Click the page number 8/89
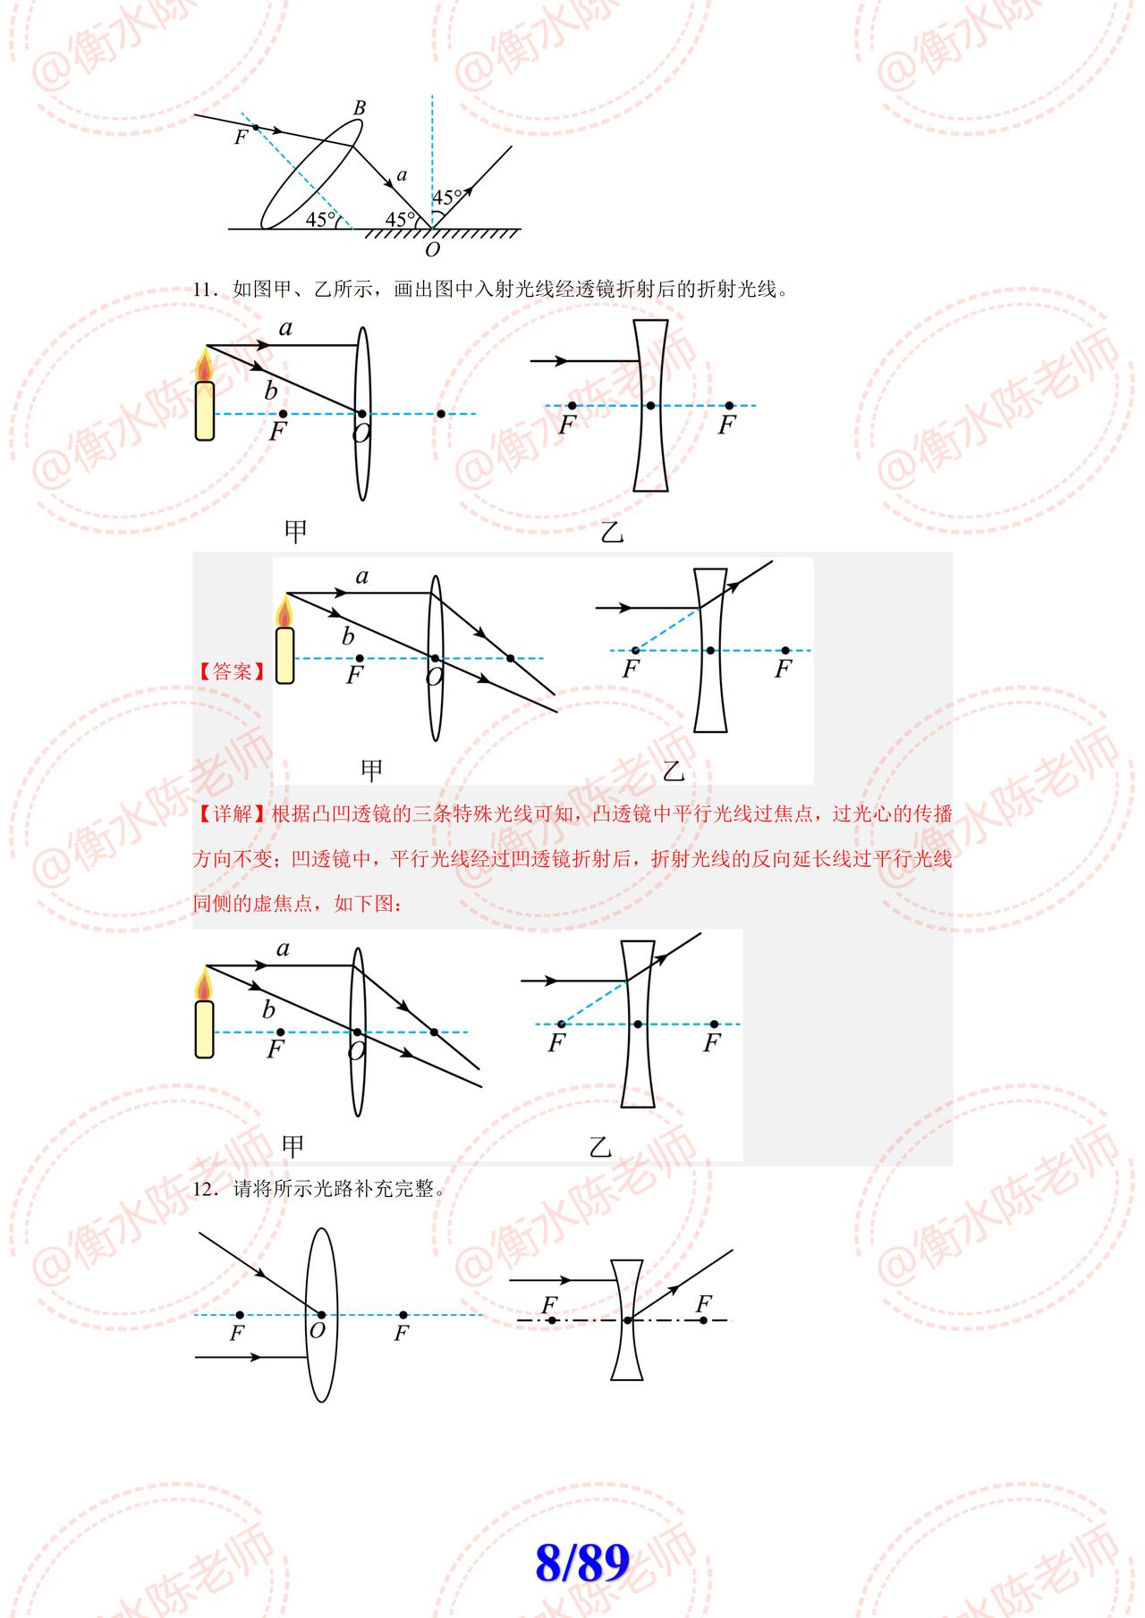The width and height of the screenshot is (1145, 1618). click(x=582, y=1563)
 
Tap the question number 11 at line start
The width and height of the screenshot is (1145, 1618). click(x=205, y=290)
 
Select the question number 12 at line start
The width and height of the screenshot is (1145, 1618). click(x=205, y=1190)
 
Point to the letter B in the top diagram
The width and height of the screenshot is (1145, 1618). click(x=360, y=108)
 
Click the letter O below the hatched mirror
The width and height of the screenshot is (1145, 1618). click(x=433, y=250)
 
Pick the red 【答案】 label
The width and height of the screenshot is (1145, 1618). click(x=232, y=671)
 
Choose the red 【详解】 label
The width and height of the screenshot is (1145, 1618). click(x=232, y=814)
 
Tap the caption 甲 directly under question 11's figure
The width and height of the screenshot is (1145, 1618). click(x=295, y=532)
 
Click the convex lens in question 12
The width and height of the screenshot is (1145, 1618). click(x=321, y=1314)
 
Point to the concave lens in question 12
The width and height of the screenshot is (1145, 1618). click(x=627, y=1320)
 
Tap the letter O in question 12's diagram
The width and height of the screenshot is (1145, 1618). click(x=317, y=1330)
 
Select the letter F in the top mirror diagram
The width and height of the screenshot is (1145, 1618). click(x=240, y=138)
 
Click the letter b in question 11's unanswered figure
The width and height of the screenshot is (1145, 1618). click(x=270, y=391)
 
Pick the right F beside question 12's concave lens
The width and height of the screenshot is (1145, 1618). click(x=704, y=1304)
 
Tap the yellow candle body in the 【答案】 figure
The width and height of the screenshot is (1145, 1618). click(x=284, y=655)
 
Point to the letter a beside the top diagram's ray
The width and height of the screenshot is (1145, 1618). click(x=401, y=175)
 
